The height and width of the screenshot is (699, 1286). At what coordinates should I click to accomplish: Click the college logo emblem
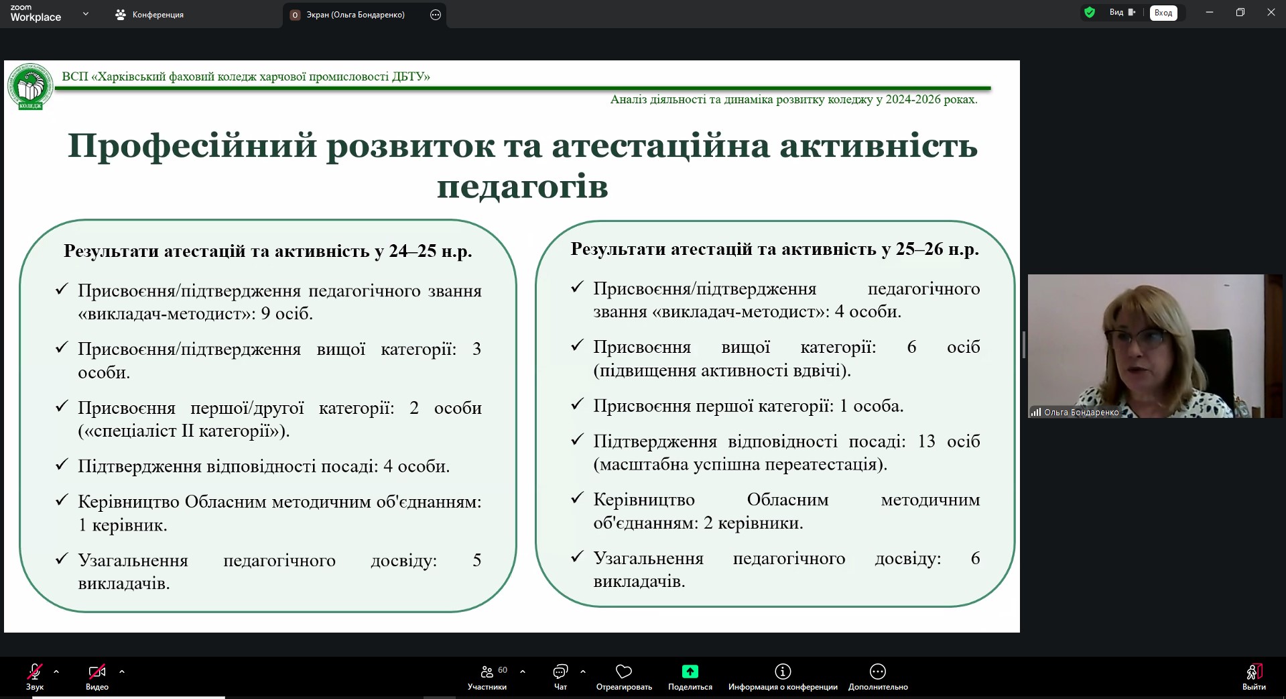30,87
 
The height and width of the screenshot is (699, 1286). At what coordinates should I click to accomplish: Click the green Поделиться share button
690,671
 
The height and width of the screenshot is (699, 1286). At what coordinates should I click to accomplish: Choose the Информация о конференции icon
783,671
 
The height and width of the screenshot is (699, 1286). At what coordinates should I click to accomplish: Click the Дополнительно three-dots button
878,671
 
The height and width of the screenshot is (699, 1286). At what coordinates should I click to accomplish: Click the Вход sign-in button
1163,13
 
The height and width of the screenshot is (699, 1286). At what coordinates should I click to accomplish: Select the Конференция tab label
158,15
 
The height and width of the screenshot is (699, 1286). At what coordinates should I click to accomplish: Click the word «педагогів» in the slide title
523,186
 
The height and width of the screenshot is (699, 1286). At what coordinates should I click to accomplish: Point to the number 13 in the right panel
926,441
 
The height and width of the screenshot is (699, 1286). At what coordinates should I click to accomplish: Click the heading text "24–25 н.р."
430,251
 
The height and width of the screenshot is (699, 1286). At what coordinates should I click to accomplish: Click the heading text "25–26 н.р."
938,249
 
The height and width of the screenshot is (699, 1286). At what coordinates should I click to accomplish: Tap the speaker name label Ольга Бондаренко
1081,413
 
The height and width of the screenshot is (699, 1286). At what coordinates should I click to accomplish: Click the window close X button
1271,13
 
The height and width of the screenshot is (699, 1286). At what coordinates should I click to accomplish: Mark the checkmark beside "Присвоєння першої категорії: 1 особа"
577,405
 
